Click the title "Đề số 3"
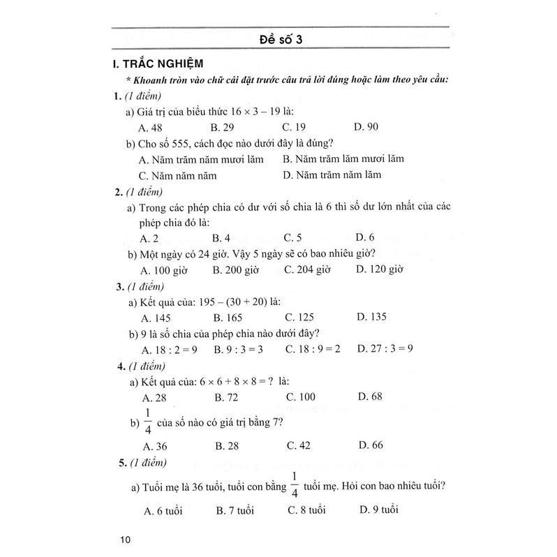pyautogui.click(x=279, y=39)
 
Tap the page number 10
pyautogui.click(x=125, y=539)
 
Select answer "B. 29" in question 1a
pyautogui.click(x=223, y=127)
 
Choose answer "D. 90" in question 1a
pyautogui.click(x=366, y=127)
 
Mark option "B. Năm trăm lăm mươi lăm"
pyautogui.click(x=343, y=158)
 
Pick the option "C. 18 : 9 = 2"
pyautogui.click(x=312, y=348)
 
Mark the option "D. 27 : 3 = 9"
pyautogui.click(x=385, y=348)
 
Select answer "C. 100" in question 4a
pyautogui.click(x=301, y=396)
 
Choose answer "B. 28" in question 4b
pyautogui.click(x=228, y=445)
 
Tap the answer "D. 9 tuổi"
pyautogui.click(x=378, y=510)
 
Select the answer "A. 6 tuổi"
pyautogui.click(x=163, y=510)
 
